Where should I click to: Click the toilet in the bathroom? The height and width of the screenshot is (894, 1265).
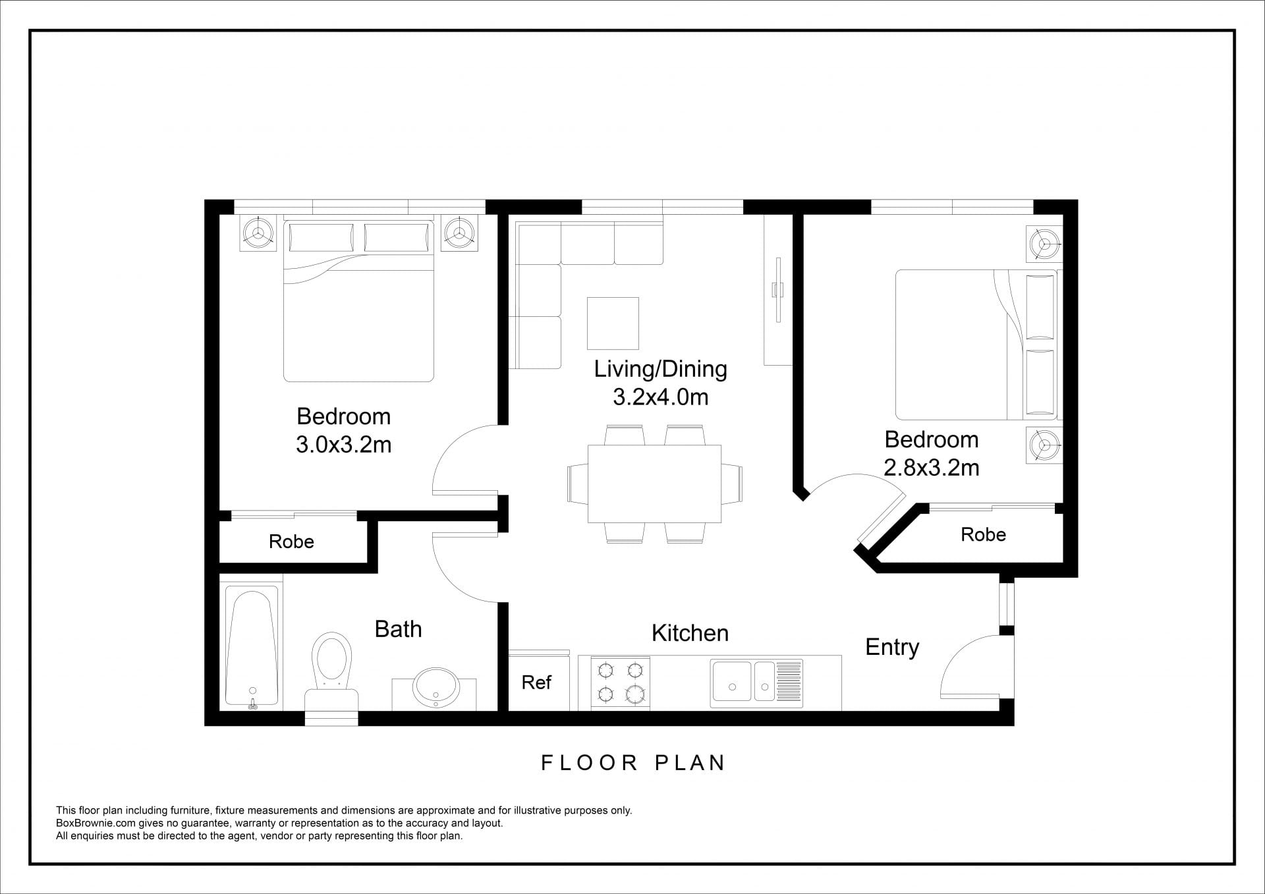pos(331,672)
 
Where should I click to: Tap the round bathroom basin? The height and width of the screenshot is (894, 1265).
pos(435,687)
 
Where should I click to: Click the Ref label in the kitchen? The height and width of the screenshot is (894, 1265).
pos(536,683)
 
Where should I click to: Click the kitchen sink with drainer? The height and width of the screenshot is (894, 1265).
pos(756,684)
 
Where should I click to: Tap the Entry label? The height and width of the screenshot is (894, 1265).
pos(892,648)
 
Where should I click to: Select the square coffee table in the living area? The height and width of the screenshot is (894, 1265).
pos(613,323)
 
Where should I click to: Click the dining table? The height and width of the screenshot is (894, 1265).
pos(654,484)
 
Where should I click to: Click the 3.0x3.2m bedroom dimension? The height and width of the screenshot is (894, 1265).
pos(343,445)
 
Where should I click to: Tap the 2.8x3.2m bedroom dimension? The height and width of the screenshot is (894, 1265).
pos(931,468)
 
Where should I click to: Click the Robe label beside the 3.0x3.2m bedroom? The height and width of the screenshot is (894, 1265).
pos(291,542)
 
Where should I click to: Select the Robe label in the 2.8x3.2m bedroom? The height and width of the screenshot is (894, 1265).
pos(983,534)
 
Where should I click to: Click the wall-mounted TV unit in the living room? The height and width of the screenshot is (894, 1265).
pos(778,290)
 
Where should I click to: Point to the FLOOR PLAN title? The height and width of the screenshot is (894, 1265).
pos(633,763)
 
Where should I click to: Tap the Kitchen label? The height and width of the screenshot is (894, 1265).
pos(690,633)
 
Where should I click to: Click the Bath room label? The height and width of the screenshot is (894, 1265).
pos(398,629)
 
